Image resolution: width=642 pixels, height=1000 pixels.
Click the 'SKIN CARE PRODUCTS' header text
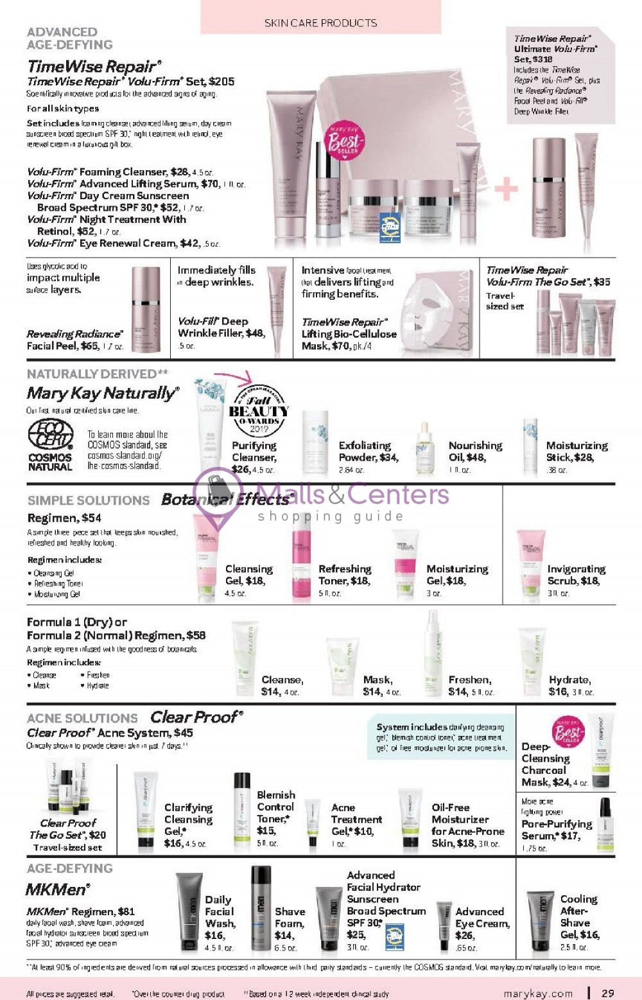tap(320, 22)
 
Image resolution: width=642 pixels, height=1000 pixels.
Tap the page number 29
tap(607, 993)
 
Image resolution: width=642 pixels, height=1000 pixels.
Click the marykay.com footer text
tap(538, 994)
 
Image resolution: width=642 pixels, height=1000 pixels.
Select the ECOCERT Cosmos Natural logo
tap(50, 444)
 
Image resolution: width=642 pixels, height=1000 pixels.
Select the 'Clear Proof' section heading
tap(196, 717)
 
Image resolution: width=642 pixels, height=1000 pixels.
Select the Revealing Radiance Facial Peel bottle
tap(145, 308)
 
